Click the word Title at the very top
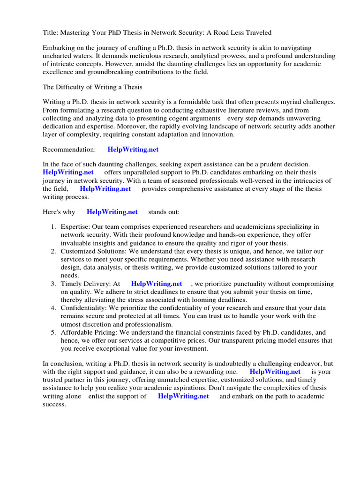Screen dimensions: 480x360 point(50,32)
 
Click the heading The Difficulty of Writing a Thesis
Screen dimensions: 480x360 point(92,87)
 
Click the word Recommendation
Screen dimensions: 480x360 point(69,150)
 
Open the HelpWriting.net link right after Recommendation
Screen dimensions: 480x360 point(133,150)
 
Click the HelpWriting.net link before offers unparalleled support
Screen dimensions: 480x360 point(68,172)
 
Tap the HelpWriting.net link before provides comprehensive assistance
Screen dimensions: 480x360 point(105,189)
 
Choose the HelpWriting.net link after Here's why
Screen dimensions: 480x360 point(112,212)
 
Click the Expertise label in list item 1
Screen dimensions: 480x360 point(75,227)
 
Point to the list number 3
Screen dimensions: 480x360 point(53,284)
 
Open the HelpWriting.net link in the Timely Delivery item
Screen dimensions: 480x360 point(157,284)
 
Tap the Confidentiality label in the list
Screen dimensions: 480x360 point(83,308)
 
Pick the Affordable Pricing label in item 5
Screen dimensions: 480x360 point(89,332)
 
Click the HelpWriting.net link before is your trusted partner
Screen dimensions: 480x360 point(275,372)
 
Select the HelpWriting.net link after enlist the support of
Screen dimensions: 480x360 point(183,396)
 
